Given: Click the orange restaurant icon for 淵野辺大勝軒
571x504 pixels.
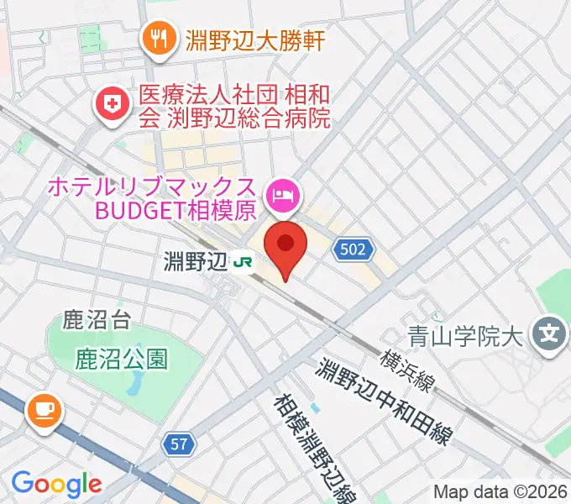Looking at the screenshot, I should (x=157, y=37).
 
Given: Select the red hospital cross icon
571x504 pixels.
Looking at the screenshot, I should (x=110, y=105).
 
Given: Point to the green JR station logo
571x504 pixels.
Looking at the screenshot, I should (x=244, y=262).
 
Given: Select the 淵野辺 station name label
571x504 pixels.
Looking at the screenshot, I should (x=196, y=262).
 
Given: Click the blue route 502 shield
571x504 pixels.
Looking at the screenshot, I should (x=354, y=249).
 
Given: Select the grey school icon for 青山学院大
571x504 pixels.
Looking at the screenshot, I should (x=550, y=335).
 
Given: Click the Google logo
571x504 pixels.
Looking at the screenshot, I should (x=56, y=485).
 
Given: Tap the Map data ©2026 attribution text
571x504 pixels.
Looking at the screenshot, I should (x=500, y=491).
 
